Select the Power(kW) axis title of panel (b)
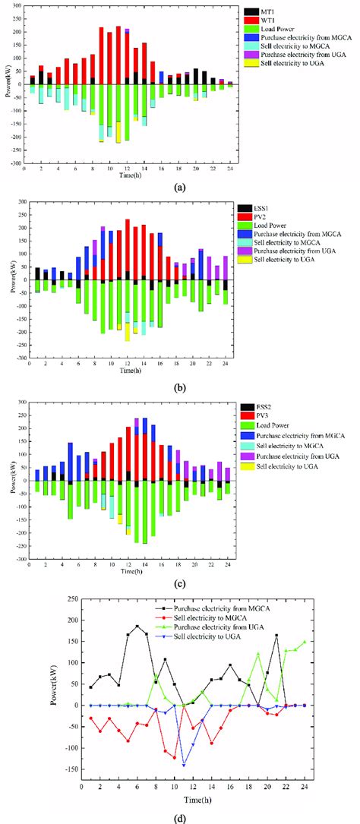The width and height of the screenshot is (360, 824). pyautogui.click(x=7, y=281)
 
